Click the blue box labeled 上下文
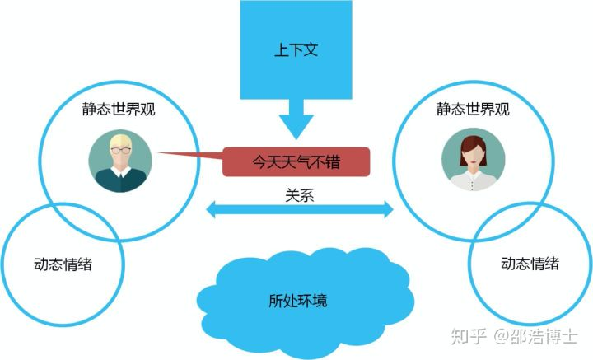[x=296, y=49]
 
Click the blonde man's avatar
[x=120, y=162]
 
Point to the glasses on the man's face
[x=121, y=152]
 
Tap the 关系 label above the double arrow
[x=298, y=195]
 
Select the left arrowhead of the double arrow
[x=210, y=212]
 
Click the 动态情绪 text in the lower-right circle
[x=530, y=264]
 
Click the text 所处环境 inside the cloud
[x=297, y=301]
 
